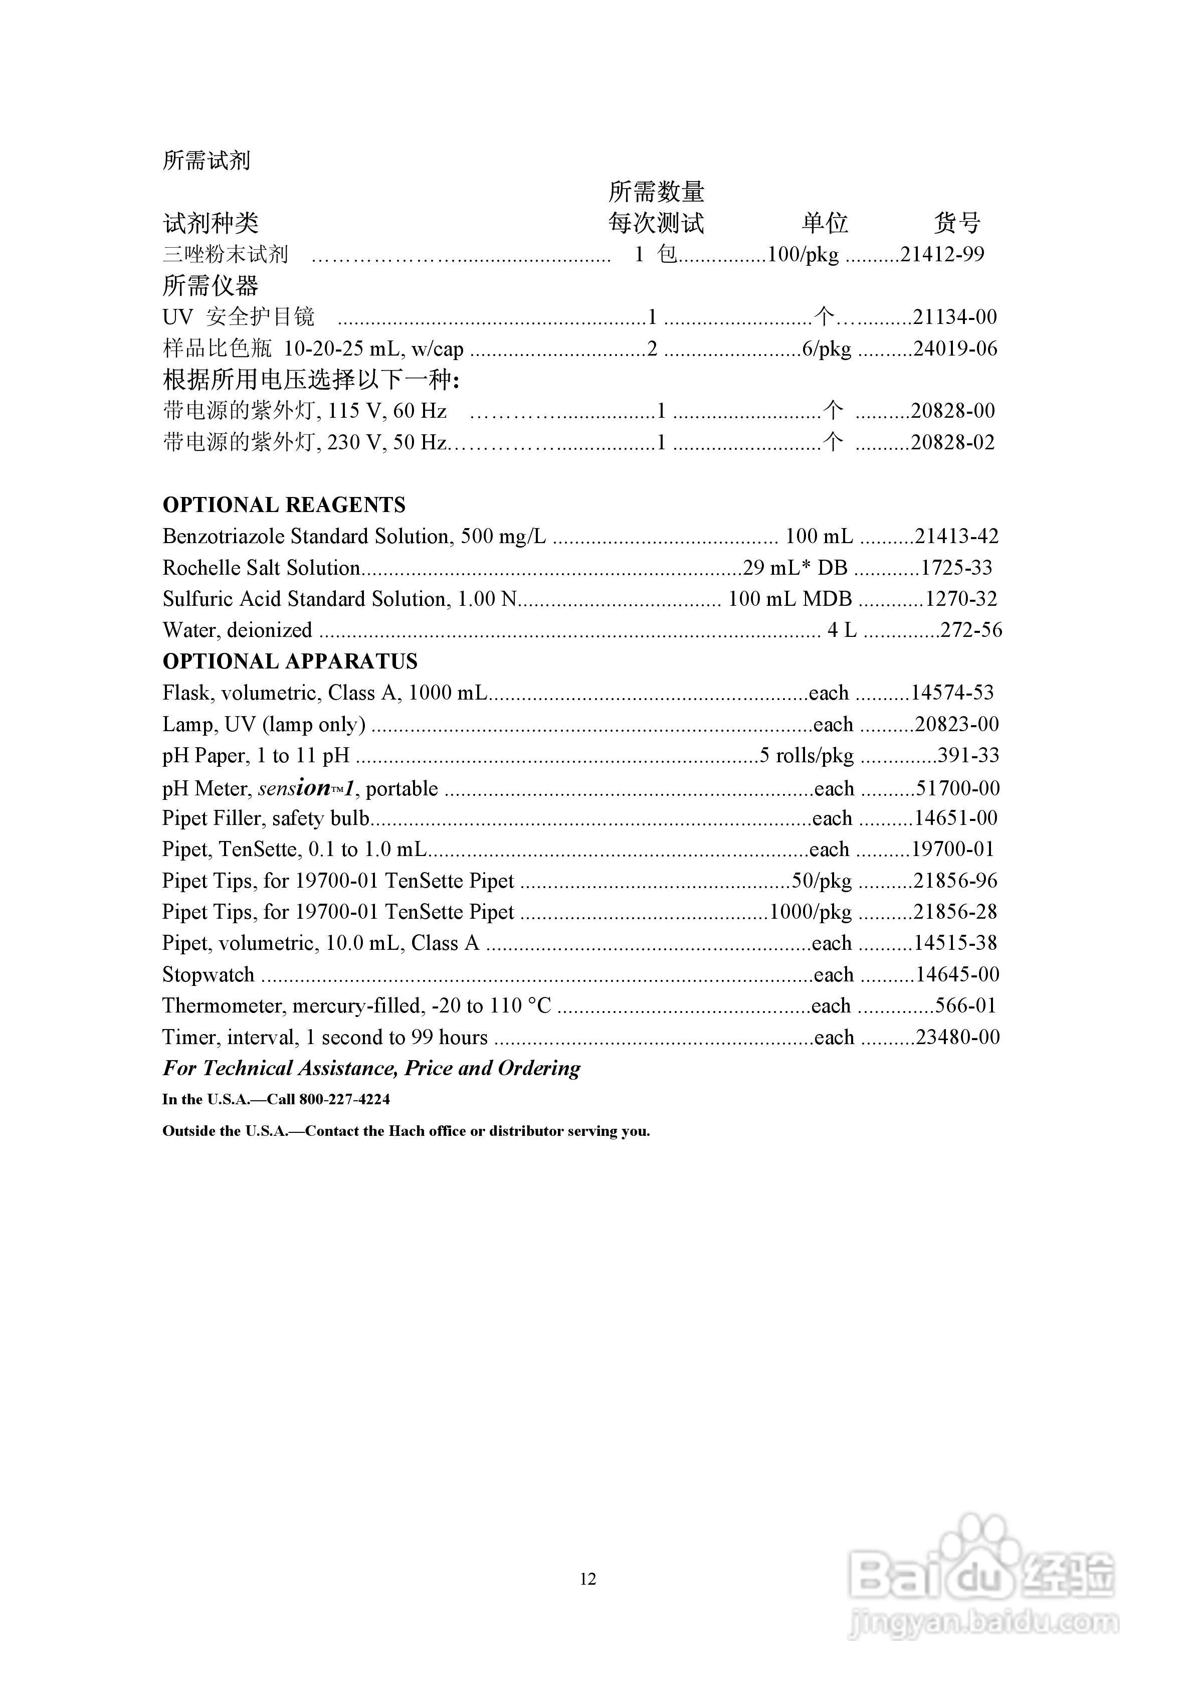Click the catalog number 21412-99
click(942, 255)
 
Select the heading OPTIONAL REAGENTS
click(283, 505)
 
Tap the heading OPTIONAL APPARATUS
click(290, 661)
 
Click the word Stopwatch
click(208, 975)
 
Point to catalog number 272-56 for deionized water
click(971, 630)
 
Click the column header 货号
click(957, 223)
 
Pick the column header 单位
click(825, 223)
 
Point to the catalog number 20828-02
click(952, 443)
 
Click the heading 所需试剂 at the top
click(207, 160)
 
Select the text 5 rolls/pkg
click(807, 756)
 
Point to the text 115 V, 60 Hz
click(387, 411)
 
